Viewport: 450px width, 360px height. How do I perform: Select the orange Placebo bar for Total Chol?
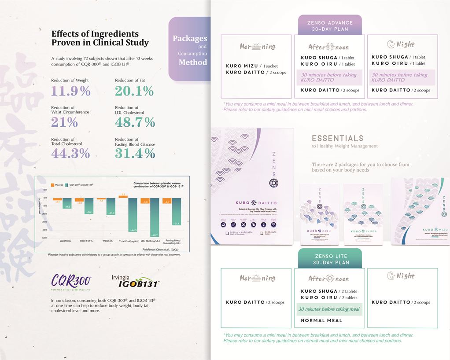[x=124, y=196]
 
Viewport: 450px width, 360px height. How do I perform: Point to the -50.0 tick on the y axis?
[x=44, y=238]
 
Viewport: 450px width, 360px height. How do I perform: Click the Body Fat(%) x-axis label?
[x=87, y=241]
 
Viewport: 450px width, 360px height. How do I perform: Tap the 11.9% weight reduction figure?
[x=70, y=91]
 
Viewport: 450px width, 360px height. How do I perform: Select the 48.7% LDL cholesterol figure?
[x=135, y=122]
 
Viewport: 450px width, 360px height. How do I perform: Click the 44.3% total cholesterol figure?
[x=70, y=153]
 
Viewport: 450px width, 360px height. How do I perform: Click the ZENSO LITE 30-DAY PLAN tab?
[x=330, y=259]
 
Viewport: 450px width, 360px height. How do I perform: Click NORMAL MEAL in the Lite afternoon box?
[x=321, y=320]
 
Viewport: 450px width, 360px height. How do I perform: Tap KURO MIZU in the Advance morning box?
[x=241, y=66]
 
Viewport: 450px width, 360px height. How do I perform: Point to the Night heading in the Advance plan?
[x=401, y=44]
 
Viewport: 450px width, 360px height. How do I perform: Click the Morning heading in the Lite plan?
[x=258, y=278]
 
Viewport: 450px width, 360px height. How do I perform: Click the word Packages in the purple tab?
[x=190, y=38]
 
